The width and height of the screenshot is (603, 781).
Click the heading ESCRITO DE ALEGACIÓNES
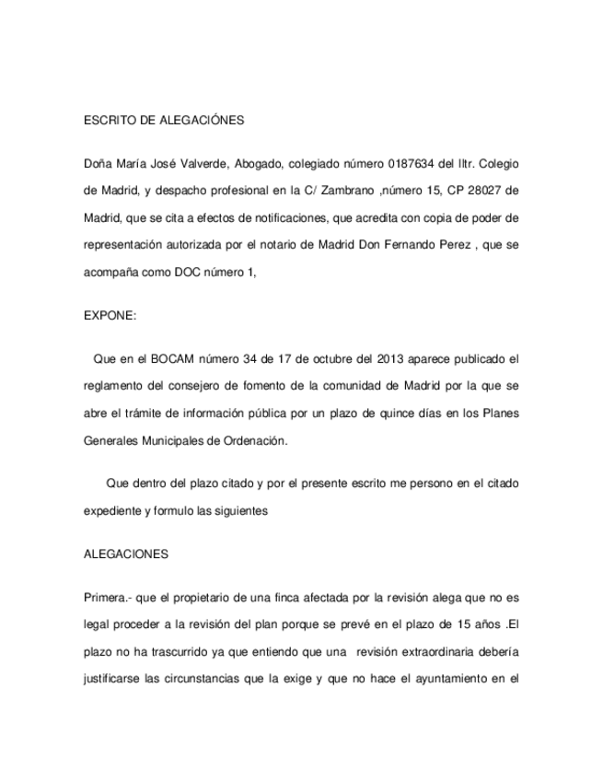click(163, 121)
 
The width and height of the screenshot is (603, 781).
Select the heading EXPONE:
click(110, 315)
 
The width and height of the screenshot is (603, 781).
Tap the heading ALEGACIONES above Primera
click(126, 555)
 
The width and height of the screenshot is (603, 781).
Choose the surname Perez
click(473, 247)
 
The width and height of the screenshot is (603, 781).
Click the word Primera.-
click(109, 596)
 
